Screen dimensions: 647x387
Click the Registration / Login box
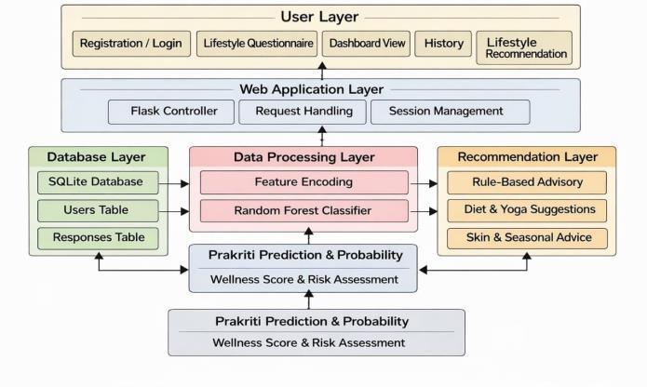point(131,44)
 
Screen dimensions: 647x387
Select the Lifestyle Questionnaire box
point(257,44)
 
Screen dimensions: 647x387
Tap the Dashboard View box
point(366,44)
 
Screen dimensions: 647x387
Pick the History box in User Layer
point(443,44)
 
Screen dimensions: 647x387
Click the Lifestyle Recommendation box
point(524,47)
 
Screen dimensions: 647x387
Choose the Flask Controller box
point(171,112)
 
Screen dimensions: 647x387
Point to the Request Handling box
point(302,112)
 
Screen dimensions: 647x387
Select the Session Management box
point(451,112)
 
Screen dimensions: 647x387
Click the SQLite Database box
point(98,182)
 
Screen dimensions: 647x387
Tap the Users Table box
point(98,210)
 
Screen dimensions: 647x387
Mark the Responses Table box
point(98,238)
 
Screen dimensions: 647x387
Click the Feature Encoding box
point(304,182)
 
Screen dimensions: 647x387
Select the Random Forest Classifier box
point(304,211)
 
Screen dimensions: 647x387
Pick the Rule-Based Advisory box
point(527,182)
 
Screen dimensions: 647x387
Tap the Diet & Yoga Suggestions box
point(527,210)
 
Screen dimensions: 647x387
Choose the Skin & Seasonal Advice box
point(527,238)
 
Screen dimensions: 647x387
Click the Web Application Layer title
point(312,89)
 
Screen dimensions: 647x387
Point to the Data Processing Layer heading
point(304,157)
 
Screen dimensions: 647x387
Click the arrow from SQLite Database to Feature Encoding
point(174,183)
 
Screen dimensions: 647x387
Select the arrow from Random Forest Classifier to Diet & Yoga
point(424,211)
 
